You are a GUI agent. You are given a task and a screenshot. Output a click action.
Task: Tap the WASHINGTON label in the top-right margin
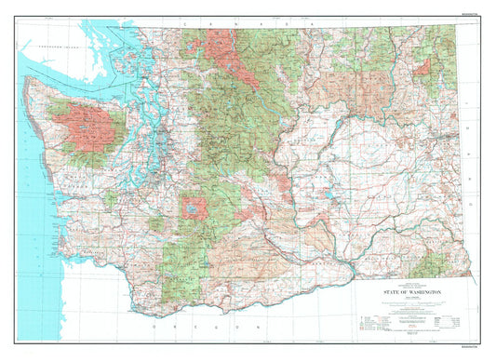(x=472, y=15)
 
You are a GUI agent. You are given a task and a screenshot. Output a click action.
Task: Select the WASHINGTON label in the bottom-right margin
(x=472, y=347)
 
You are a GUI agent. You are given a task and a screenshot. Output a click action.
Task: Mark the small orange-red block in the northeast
(x=422, y=66)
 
